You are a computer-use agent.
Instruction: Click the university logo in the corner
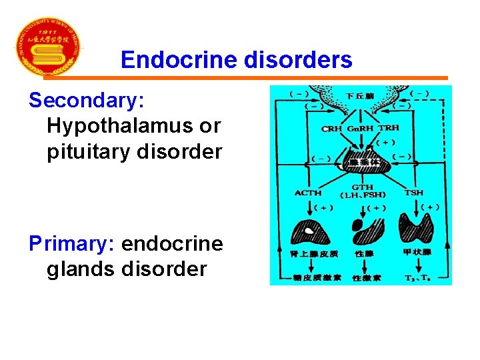47,47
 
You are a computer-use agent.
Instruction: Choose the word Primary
72,244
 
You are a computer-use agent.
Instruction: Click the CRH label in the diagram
331,128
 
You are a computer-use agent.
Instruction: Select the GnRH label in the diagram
360,128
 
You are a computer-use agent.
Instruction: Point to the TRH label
389,128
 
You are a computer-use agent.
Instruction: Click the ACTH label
307,193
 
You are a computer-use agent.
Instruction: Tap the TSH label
413,193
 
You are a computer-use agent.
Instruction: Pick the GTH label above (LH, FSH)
362,187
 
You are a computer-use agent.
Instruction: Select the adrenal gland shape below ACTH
311,233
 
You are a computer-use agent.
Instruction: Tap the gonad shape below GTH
365,233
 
